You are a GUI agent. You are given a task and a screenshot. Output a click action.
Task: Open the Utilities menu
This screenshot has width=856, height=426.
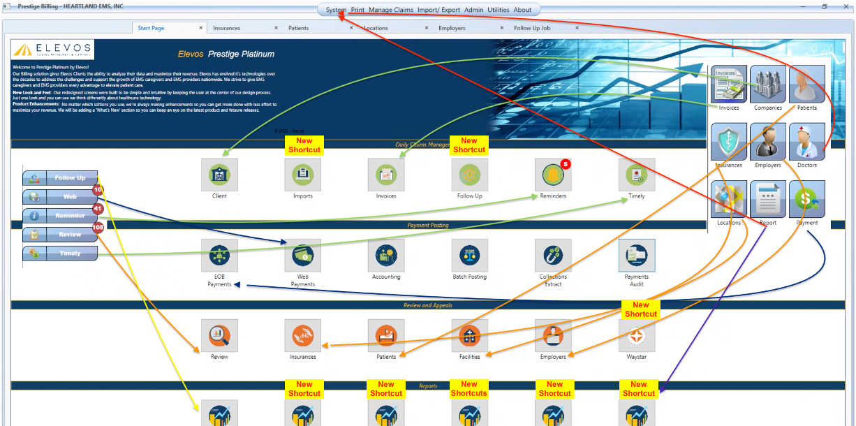click(x=498, y=10)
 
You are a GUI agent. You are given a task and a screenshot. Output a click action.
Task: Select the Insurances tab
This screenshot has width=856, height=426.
click(x=226, y=28)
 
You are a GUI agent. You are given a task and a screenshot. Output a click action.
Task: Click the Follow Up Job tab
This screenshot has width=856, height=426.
click(x=532, y=28)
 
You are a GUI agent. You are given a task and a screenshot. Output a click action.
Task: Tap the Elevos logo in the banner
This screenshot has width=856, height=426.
click(x=52, y=50)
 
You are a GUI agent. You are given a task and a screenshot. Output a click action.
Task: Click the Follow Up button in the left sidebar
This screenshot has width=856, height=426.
click(x=60, y=178)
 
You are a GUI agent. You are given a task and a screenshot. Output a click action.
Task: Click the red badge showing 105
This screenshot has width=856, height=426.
click(x=98, y=227)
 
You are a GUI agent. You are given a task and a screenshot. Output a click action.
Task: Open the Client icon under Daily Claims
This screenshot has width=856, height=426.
click(x=219, y=175)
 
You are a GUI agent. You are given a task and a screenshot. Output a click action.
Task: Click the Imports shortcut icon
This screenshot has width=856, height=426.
click(x=303, y=175)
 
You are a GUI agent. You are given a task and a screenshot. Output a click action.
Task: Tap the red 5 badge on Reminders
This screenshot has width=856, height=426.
click(x=566, y=164)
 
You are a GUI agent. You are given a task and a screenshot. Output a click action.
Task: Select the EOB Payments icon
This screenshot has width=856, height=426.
click(x=219, y=256)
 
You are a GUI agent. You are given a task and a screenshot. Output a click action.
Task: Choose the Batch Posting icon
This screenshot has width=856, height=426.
click(x=469, y=256)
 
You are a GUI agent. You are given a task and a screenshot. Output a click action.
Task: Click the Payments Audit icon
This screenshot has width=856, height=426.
click(x=637, y=256)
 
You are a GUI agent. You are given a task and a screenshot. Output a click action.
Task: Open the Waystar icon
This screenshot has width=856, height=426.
click(x=637, y=336)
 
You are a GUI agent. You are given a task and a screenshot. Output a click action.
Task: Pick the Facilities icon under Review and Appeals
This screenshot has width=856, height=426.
click(x=469, y=336)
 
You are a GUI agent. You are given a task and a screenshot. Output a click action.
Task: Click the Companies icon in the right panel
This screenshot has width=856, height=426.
click(x=768, y=85)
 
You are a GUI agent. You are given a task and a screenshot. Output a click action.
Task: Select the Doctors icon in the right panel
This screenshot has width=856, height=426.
click(x=806, y=142)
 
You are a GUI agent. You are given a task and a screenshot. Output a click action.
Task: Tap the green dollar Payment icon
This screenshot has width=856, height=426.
click(x=806, y=199)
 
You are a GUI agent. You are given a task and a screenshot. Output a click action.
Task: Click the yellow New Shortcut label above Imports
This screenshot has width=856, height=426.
click(x=304, y=145)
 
